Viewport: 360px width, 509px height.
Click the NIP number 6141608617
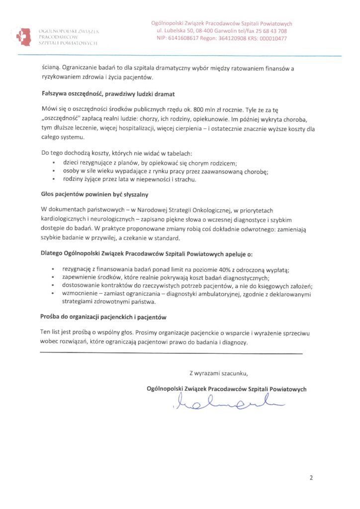(x=184, y=38)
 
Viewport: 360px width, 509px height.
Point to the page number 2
(x=311, y=479)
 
